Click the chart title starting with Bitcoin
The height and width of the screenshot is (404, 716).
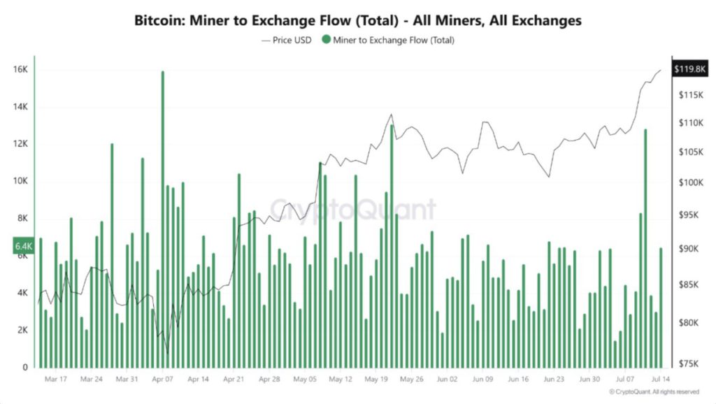[x=357, y=21]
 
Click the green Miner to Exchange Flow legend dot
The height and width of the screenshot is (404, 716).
[x=326, y=40]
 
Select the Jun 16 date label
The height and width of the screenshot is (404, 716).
[x=518, y=379]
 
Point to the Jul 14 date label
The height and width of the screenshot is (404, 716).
[x=661, y=379]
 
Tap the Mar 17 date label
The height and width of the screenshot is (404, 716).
[x=55, y=379]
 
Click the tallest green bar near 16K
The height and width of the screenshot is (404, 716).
[x=163, y=210]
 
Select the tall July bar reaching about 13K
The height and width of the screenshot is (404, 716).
[x=645, y=245]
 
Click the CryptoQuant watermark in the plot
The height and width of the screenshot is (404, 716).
[x=353, y=209]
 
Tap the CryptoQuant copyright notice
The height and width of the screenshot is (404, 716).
[x=654, y=391]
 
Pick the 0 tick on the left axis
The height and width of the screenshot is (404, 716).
[x=24, y=367]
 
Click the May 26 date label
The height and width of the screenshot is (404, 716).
[x=411, y=379]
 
